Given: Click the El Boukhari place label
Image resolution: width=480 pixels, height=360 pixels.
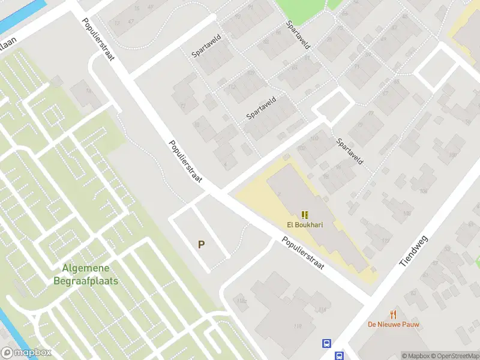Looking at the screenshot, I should pos(305,226).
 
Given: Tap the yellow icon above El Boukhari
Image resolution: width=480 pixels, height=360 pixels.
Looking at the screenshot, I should pos(305,215).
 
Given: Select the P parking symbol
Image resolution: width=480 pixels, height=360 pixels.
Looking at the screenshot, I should pos(202,245).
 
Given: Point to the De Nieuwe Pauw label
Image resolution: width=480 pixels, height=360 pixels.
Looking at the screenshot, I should pos(394,325).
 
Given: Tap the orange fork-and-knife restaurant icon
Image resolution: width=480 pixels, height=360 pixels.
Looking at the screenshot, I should pos(394,314).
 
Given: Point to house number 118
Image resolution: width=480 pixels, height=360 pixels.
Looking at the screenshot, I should pos(298,326).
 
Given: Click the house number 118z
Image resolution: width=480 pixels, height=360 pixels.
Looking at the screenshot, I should pos(242,301).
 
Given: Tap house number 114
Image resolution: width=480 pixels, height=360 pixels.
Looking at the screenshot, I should pos(323,310).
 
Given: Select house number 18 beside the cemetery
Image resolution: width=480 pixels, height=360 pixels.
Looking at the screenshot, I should pos(89,91).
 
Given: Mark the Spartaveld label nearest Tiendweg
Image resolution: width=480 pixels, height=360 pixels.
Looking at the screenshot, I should pos(350,152).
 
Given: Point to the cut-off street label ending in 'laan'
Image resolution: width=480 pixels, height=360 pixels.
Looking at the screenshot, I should pos(7,43).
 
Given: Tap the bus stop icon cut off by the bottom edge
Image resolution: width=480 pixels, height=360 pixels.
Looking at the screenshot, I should pos(340,356).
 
